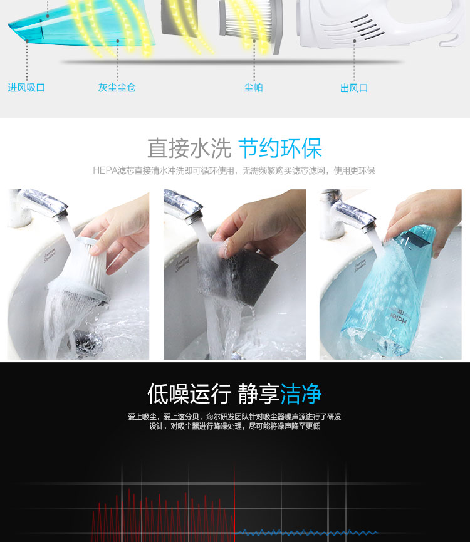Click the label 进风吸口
point(26,88)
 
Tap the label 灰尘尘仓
point(117,88)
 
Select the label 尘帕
point(253,88)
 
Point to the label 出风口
point(354,88)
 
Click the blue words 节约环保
point(280,149)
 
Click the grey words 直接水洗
point(189,149)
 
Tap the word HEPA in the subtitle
point(105,171)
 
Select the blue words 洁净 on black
point(301,393)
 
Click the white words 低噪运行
point(189,393)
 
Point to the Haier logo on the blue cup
point(399,318)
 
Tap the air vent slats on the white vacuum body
point(367,27)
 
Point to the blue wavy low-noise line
point(306,533)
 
